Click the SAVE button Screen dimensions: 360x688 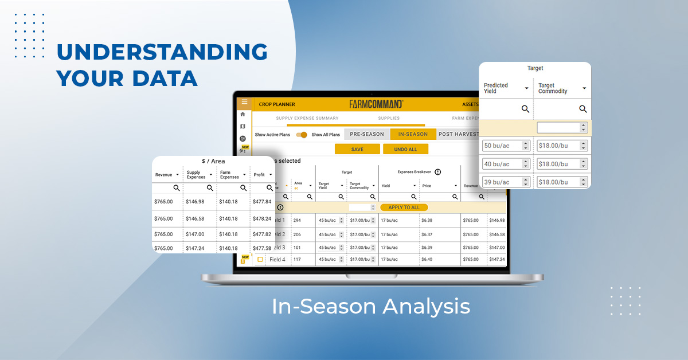357,149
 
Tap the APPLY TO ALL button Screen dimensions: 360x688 404,207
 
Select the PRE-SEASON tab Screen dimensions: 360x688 367,134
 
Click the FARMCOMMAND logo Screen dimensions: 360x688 376,104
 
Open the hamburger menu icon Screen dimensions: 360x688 244,103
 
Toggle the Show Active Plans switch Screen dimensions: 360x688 302,135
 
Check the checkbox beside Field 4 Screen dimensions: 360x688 260,260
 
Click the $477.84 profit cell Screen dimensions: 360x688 262,202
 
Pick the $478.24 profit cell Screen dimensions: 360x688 262,218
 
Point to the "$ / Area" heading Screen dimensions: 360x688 213,161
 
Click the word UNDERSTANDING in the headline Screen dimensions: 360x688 162,52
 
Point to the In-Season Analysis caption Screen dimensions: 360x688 371,306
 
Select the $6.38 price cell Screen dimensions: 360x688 427,221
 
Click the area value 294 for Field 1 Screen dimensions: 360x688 297,221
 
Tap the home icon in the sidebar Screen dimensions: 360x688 243,114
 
